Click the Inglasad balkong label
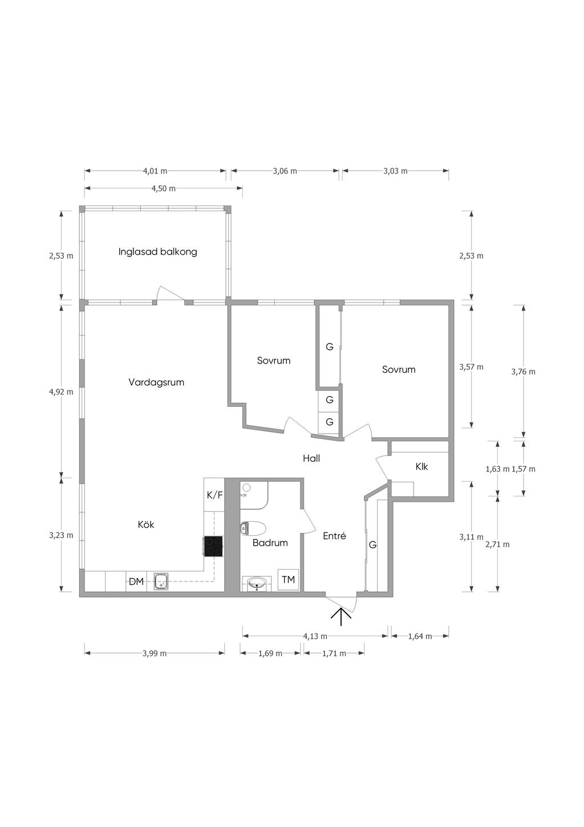(x=157, y=252)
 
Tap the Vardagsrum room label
(x=156, y=382)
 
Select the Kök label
(x=146, y=525)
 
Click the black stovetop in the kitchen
(x=213, y=546)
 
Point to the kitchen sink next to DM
(x=161, y=581)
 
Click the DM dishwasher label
(x=136, y=582)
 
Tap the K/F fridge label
(x=214, y=495)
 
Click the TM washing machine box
(x=288, y=580)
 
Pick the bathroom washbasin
(x=257, y=584)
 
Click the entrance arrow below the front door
(x=341, y=617)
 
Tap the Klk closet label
(x=421, y=467)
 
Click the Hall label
(x=311, y=458)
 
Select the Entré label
(x=334, y=536)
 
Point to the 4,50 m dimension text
(x=164, y=189)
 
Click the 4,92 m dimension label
(x=61, y=392)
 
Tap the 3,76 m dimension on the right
(x=523, y=372)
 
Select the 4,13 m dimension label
(x=315, y=636)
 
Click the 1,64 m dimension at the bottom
(x=420, y=636)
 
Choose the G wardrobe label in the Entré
(x=372, y=544)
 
